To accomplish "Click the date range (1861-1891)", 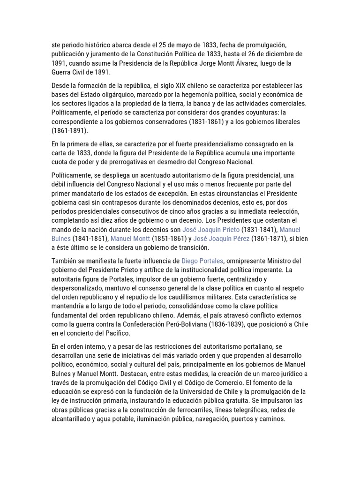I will (x=69, y=131).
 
